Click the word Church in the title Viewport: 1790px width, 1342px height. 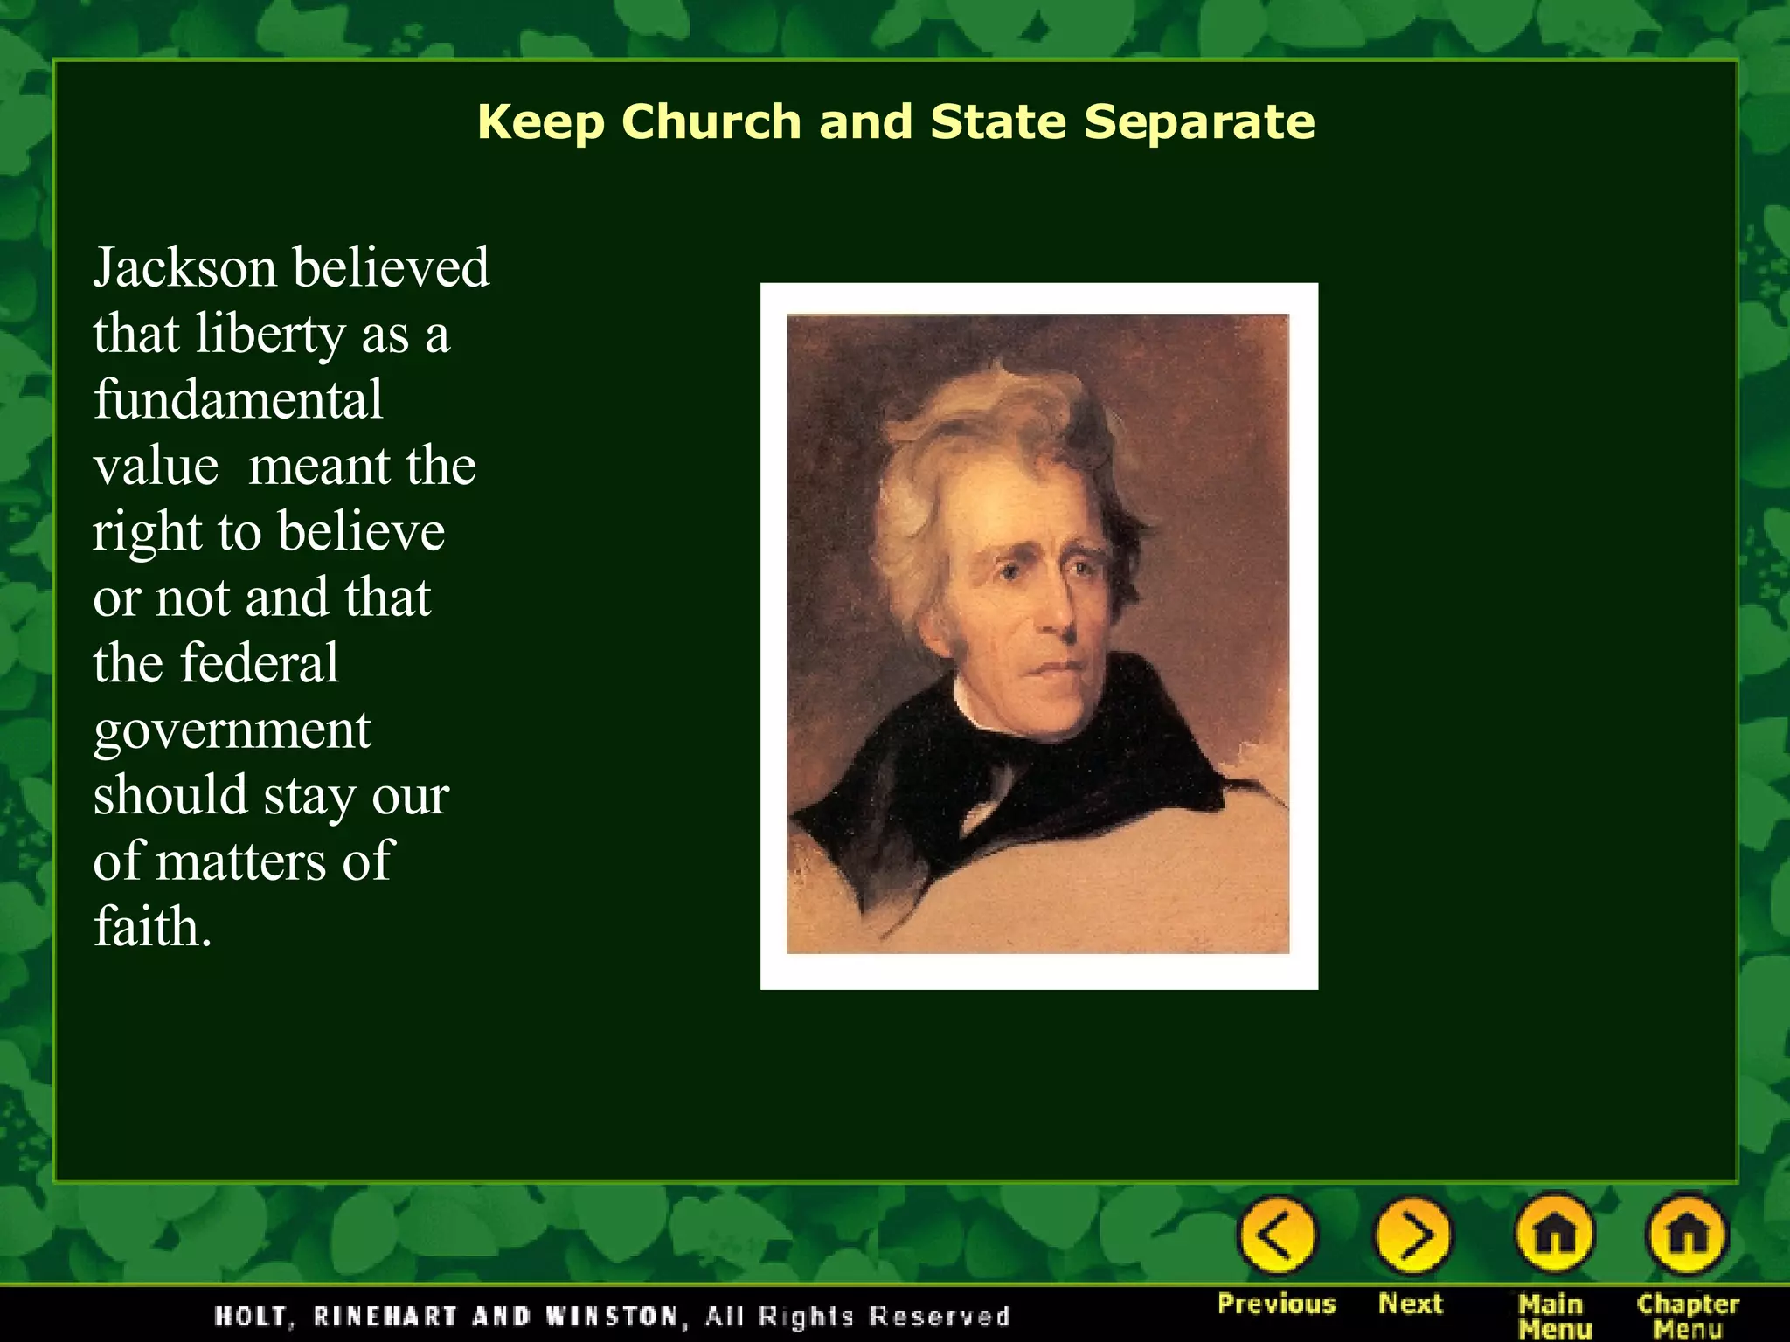click(711, 121)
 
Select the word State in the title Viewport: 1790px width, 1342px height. click(998, 121)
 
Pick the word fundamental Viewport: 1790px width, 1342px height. click(238, 399)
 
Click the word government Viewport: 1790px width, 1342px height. click(232, 730)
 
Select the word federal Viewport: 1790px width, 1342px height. click(259, 664)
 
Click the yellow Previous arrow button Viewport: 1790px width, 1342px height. click(1277, 1235)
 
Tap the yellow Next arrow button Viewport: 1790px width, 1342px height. click(1412, 1235)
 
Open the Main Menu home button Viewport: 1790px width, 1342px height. click(1554, 1235)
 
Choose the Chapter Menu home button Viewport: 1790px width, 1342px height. click(1688, 1235)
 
